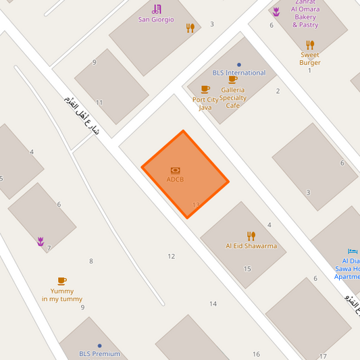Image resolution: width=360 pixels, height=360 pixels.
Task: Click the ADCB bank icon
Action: click(x=176, y=170)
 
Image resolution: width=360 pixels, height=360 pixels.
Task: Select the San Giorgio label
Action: click(x=156, y=20)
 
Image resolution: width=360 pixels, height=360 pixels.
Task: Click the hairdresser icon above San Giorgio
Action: click(x=157, y=9)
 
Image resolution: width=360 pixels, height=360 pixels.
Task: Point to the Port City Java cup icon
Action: click(x=205, y=89)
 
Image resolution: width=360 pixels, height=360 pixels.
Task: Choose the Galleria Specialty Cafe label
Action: click(x=232, y=97)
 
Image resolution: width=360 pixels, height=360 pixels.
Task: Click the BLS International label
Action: click(x=238, y=73)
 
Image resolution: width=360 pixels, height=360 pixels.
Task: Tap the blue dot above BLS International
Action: click(x=239, y=65)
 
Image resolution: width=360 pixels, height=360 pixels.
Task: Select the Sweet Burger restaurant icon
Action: click(x=310, y=45)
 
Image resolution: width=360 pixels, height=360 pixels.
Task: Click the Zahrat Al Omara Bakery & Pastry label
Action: click(x=305, y=17)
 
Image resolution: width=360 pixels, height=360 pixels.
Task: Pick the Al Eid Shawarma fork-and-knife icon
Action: click(x=251, y=236)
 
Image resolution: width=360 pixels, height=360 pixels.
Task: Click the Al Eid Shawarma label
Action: click(x=251, y=246)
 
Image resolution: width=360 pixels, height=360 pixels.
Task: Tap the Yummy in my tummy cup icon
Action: click(x=62, y=280)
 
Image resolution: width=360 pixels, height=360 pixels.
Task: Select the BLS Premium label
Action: click(x=99, y=354)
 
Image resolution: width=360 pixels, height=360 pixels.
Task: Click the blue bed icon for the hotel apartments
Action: click(x=353, y=251)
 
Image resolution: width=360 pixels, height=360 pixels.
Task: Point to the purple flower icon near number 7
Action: click(x=41, y=241)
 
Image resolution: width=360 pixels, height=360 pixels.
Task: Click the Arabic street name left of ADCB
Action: click(x=80, y=115)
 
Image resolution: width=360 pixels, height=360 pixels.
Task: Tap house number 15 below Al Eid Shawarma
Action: click(x=247, y=269)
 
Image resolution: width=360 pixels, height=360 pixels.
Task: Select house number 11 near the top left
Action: click(x=99, y=103)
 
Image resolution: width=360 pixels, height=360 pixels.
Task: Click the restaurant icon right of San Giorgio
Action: click(x=190, y=28)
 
